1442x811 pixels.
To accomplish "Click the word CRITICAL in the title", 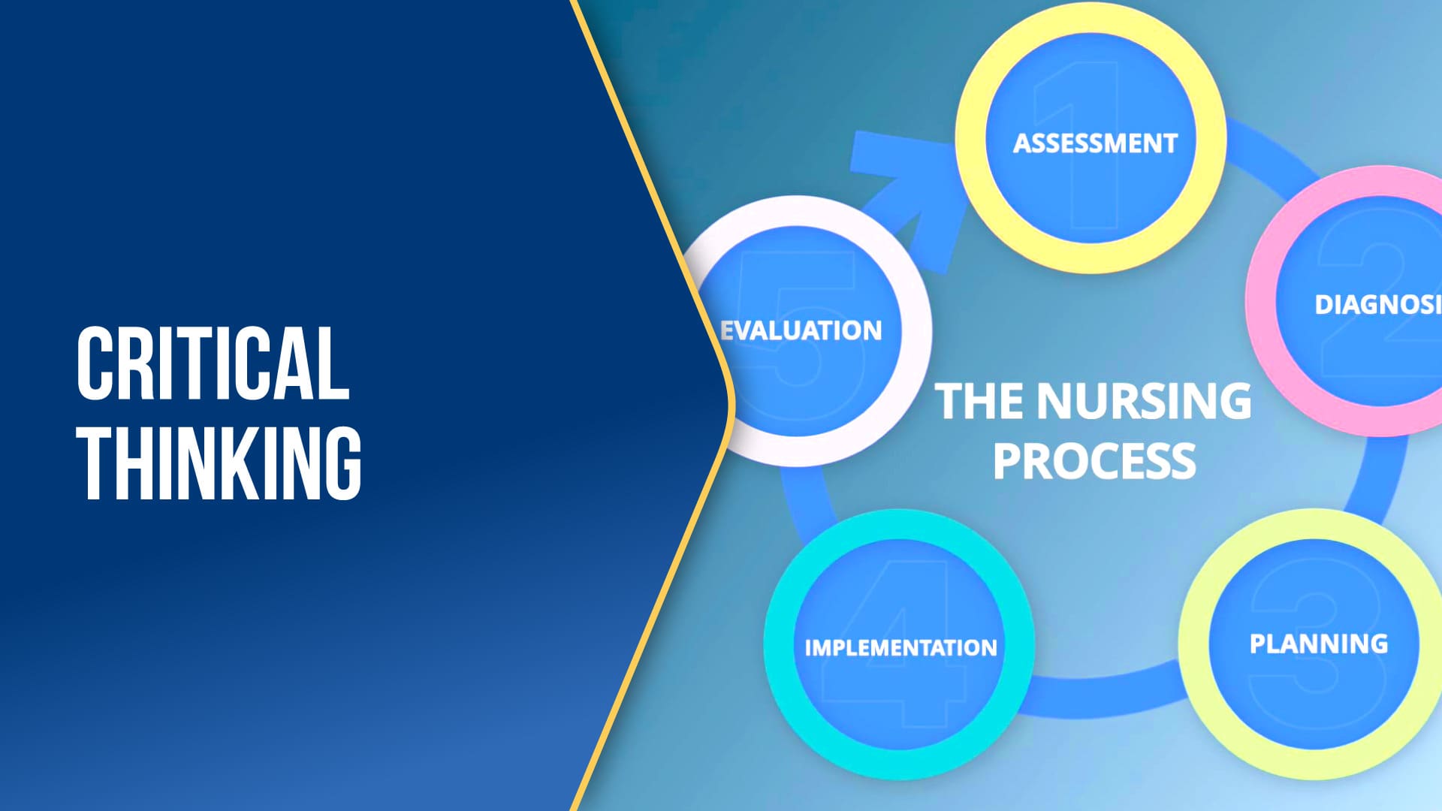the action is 213,363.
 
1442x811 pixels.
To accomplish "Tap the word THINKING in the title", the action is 219,463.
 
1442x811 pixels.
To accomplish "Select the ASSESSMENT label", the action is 1095,143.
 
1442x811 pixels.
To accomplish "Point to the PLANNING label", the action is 1319,644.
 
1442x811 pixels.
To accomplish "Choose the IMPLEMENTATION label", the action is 900,647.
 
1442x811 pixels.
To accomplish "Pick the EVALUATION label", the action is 801,330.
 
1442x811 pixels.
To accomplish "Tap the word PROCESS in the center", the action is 1094,461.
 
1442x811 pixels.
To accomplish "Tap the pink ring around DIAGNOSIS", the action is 1262,300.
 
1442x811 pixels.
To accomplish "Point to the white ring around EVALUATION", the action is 916,330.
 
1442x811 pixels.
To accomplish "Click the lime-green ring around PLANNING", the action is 1194,644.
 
